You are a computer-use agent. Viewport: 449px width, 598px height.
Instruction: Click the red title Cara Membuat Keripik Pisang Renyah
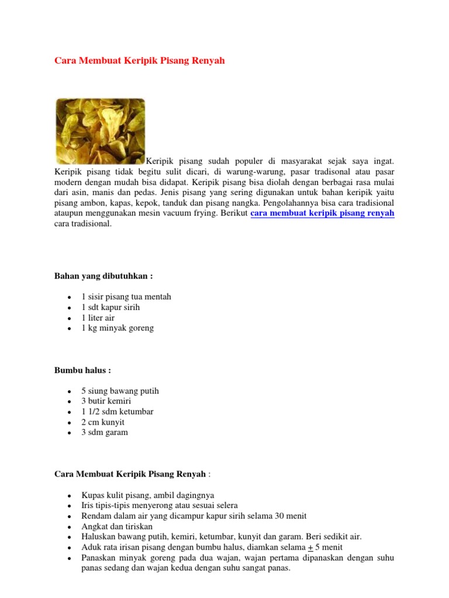tap(139, 61)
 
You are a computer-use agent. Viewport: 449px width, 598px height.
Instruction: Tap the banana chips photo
tap(100, 131)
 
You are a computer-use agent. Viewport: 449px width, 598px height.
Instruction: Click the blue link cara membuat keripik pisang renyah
tap(322, 214)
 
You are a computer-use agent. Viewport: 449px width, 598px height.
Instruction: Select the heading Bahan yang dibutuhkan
tap(104, 276)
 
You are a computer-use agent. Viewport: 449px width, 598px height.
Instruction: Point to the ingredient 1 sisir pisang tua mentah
tap(126, 297)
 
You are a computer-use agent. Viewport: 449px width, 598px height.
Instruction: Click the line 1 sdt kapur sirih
tap(110, 307)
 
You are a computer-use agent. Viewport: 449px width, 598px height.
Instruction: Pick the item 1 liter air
tap(98, 318)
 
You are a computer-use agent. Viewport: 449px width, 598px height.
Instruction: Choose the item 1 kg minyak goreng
tap(118, 328)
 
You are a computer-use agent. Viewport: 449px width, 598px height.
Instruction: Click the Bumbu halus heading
tap(82, 370)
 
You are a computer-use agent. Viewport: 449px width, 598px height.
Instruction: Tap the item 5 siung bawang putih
tap(120, 391)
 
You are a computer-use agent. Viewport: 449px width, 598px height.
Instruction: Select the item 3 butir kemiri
tap(106, 401)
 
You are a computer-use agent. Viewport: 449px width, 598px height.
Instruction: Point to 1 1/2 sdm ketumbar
tap(118, 412)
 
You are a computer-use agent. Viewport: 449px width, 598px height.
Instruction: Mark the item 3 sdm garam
tap(105, 433)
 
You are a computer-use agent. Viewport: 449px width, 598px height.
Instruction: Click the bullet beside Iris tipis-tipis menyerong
tap(70, 506)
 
